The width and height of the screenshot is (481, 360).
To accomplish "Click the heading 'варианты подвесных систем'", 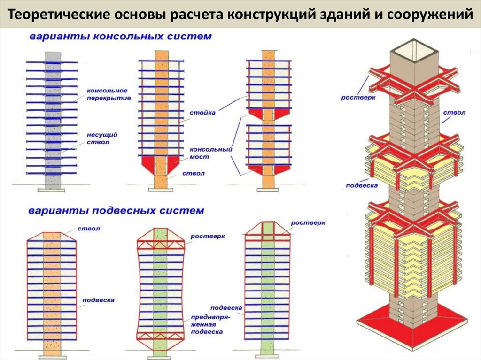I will pyautogui.click(x=117, y=211).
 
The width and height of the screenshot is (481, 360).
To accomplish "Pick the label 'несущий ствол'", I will pyautogui.click(x=101, y=138).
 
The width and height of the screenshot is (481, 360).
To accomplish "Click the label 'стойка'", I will pyautogui.click(x=203, y=113).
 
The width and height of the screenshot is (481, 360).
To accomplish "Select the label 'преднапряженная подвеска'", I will pyautogui.click(x=207, y=324).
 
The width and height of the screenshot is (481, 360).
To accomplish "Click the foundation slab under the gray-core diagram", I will pyautogui.click(x=53, y=189).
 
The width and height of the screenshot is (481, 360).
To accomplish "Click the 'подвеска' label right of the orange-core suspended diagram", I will pyautogui.click(x=98, y=299).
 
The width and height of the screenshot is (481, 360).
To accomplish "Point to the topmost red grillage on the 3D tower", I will pyautogui.click(x=413, y=84).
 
